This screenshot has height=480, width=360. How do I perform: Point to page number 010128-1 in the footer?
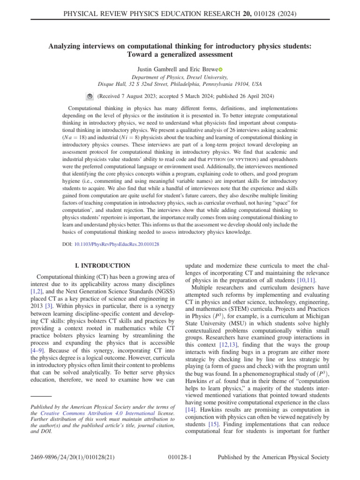pyautogui.click(x=180, y=457)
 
